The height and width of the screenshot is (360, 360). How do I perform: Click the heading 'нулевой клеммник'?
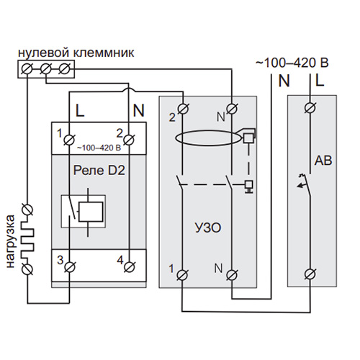point(76,53)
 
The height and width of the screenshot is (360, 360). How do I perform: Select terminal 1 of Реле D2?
point(70,140)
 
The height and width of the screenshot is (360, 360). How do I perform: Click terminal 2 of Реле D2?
point(129,140)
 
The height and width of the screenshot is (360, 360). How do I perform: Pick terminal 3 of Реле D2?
point(70,267)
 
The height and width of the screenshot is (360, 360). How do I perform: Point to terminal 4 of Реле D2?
point(129,267)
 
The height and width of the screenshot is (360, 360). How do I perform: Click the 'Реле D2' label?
point(99,171)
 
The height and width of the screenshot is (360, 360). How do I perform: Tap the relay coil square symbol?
point(91,212)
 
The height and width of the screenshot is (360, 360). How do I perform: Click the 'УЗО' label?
point(208,228)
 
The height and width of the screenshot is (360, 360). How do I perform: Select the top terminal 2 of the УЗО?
point(183,109)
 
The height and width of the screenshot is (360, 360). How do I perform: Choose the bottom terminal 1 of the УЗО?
point(182,275)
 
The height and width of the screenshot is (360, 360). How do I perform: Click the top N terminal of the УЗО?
point(232,109)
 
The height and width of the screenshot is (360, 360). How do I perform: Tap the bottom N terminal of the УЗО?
point(232,275)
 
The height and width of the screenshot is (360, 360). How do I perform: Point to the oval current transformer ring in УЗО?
point(208,131)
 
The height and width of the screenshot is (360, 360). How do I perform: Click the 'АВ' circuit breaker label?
point(323,161)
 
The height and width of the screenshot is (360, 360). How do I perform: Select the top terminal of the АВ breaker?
point(310,107)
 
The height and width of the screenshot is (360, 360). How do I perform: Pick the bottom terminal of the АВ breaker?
point(310,274)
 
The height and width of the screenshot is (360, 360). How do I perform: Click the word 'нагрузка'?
point(11,241)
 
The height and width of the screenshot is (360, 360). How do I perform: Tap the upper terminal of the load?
point(27,210)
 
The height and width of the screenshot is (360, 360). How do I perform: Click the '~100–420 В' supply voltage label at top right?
point(292,63)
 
